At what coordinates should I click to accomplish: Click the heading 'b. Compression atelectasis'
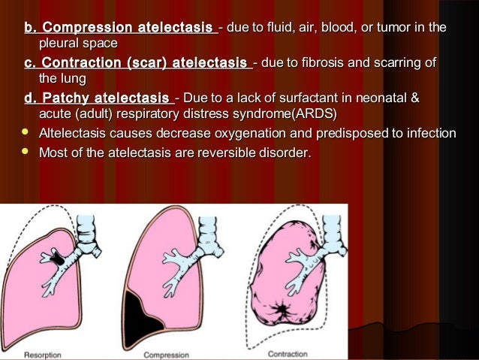(118, 29)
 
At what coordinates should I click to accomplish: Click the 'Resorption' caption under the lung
(47, 353)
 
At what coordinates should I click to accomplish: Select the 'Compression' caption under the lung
(166, 353)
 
